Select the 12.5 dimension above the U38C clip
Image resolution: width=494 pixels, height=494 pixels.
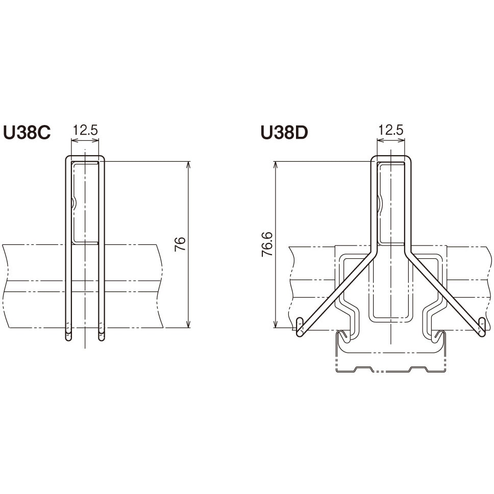pos(85,130)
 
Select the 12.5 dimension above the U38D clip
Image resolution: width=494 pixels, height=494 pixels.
pos(390,130)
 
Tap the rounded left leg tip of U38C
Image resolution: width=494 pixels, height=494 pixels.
pos(68,335)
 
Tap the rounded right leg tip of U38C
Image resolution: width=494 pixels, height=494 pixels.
pos(101,335)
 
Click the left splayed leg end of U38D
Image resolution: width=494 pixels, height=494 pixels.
pos(300,327)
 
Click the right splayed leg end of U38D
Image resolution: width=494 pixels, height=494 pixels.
pos(481,327)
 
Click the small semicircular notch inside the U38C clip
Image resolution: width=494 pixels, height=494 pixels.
pos(74,204)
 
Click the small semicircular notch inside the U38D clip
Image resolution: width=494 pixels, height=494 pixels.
pos(379,204)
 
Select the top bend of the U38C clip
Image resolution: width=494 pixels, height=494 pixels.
pos(85,157)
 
